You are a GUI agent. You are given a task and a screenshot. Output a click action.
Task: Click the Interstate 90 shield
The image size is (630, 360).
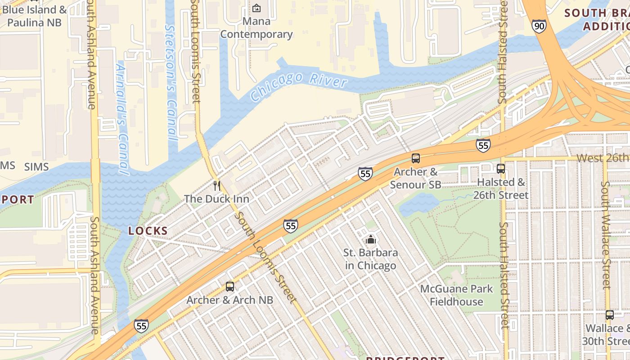[539, 26]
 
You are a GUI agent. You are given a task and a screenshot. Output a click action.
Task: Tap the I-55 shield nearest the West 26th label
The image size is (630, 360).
[483, 145]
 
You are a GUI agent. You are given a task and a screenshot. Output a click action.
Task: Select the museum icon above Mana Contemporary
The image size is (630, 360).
[256, 8]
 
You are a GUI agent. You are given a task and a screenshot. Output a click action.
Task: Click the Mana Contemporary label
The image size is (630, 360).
[256, 27]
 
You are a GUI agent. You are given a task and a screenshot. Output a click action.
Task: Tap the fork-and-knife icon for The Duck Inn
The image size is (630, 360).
[217, 185]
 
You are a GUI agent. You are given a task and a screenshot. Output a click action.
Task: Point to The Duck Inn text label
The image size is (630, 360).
[216, 198]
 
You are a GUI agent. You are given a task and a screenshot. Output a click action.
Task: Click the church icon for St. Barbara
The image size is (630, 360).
[370, 239]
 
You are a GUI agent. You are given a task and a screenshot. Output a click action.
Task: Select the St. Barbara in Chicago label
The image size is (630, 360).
[370, 259]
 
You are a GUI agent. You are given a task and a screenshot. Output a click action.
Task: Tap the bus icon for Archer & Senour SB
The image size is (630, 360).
[415, 158]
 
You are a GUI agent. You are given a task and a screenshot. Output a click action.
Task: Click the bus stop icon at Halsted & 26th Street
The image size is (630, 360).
[500, 169]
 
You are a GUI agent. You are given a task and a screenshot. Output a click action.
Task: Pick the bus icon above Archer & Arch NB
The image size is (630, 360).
[229, 287]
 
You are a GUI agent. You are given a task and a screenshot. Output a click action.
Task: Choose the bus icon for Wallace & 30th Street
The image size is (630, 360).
[609, 315]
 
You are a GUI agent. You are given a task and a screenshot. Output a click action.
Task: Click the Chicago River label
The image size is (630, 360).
[299, 85]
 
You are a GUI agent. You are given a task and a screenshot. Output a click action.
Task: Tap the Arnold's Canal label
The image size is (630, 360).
[122, 119]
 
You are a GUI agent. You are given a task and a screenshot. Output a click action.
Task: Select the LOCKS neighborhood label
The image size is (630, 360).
[148, 231]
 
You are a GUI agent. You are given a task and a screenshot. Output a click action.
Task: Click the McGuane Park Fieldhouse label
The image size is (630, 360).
[456, 295]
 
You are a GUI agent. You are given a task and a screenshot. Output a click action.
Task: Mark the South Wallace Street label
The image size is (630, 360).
[606, 234]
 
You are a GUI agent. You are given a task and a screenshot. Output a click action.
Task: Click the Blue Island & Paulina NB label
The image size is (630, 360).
[34, 16]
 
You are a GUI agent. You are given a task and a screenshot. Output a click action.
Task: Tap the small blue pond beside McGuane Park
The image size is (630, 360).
[418, 205]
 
